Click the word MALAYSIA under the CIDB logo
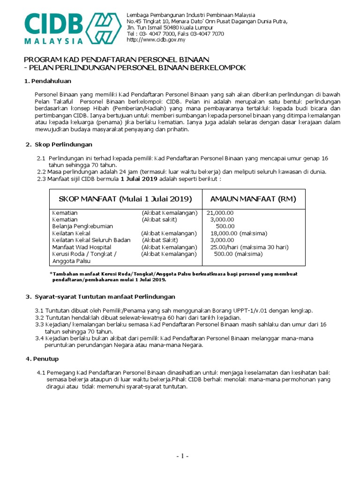[54, 41]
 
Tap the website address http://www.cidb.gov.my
[156, 40]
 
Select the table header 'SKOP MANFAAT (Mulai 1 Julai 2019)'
[125, 199]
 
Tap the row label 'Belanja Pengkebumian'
[83, 226]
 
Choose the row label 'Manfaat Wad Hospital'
[82, 247]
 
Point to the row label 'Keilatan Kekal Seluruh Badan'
[92, 240]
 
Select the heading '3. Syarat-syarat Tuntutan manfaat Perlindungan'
[100, 297]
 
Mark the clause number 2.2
[41, 172]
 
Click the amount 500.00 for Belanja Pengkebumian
[225, 226]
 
